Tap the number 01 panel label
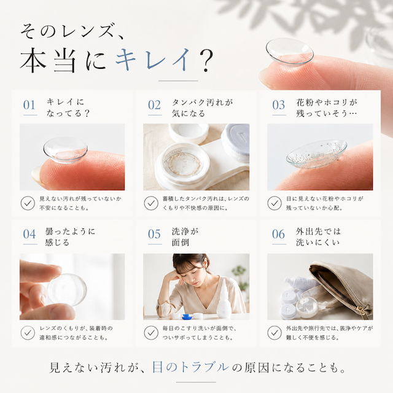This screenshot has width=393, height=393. click(x=29, y=105)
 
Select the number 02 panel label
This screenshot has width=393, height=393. click(x=154, y=105)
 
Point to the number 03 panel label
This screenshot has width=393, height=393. click(x=278, y=105)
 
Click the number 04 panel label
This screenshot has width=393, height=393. click(x=29, y=235)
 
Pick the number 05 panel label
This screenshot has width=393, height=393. click(x=154, y=235)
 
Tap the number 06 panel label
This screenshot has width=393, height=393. click(x=278, y=235)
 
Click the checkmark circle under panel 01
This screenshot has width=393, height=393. click(x=28, y=203)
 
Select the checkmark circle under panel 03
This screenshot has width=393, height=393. click(x=274, y=203)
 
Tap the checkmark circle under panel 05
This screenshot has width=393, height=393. click(x=151, y=333)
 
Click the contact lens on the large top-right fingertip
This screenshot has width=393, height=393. click(x=290, y=51)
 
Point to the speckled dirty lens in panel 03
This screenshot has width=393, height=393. click(x=316, y=154)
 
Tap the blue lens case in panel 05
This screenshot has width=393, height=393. click(x=189, y=316)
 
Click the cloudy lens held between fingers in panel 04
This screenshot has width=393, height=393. click(x=67, y=289)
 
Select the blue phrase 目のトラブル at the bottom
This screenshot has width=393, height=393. click(x=191, y=367)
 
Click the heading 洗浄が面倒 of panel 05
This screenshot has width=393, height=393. click(x=185, y=237)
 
